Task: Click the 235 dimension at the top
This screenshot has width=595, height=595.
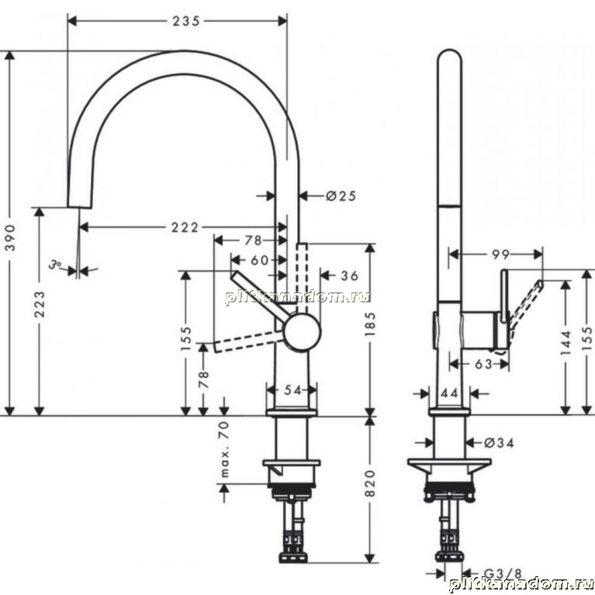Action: click(186, 21)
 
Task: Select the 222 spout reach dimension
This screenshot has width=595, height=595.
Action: click(185, 227)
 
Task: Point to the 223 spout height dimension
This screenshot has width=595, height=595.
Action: click(40, 304)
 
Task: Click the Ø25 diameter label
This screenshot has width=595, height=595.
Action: click(341, 195)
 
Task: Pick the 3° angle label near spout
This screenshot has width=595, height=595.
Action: click(55, 265)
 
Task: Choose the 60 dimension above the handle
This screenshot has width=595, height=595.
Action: click(260, 261)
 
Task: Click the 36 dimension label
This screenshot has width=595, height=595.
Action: click(350, 276)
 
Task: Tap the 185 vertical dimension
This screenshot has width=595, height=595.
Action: click(370, 324)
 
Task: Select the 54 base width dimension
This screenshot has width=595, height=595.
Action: click(292, 389)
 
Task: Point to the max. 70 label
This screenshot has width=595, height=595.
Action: click(225, 449)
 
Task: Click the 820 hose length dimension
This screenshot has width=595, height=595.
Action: click(370, 483)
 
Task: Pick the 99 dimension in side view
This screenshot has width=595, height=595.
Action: click(500, 254)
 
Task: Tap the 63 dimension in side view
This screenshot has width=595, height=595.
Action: click(483, 365)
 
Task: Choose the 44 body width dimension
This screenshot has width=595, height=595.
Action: click(450, 393)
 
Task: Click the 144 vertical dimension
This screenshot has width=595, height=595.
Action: click(566, 343)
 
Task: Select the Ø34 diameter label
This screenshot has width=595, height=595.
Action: click(499, 443)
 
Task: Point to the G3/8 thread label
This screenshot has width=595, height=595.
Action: click(503, 574)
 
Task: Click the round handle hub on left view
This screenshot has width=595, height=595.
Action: click(303, 332)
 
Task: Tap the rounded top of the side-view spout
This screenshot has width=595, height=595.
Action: click(450, 51)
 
